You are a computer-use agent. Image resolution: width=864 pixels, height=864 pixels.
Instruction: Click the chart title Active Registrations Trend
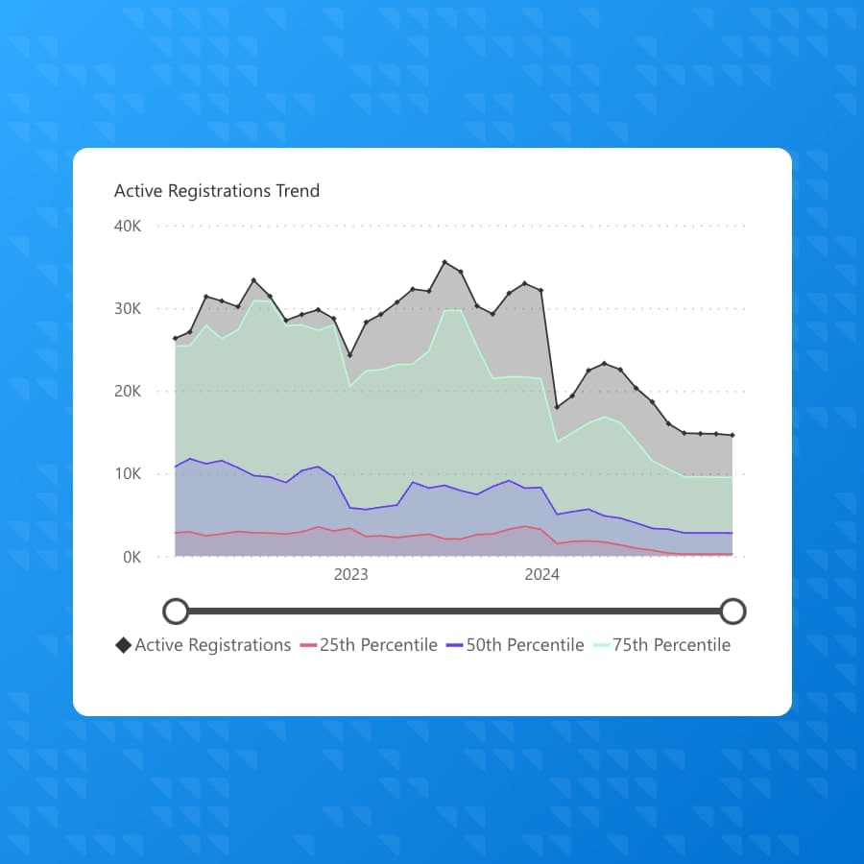pyautogui.click(x=217, y=191)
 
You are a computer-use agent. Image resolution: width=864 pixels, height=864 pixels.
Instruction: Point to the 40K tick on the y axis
pyautogui.click(x=128, y=227)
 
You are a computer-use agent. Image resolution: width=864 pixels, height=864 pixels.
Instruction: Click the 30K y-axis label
pyautogui.click(x=128, y=309)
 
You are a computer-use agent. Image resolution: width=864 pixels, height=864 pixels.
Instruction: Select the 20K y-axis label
pyautogui.click(x=128, y=392)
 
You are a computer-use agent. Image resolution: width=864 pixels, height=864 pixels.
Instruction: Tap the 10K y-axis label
pyautogui.click(x=128, y=474)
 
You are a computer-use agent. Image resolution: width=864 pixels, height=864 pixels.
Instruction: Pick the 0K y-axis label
pyautogui.click(x=132, y=557)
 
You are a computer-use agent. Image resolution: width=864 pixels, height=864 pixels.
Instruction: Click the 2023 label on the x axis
pyautogui.click(x=350, y=575)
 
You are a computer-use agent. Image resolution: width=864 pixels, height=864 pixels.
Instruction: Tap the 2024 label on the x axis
pyautogui.click(x=541, y=575)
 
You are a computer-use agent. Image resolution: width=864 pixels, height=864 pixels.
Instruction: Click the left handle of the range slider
pyautogui.click(x=176, y=611)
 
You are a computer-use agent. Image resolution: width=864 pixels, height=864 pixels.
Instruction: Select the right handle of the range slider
pyautogui.click(x=732, y=611)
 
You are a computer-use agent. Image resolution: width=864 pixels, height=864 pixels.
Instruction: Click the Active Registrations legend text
pyautogui.click(x=212, y=645)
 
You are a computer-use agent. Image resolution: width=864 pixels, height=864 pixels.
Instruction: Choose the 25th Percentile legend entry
pyautogui.click(x=378, y=645)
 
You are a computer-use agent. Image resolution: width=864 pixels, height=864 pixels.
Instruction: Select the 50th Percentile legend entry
pyautogui.click(x=525, y=645)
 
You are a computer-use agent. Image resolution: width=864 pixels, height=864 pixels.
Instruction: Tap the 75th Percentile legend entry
pyautogui.click(x=671, y=645)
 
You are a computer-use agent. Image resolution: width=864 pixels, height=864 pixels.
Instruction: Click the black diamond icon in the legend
pyautogui.click(x=123, y=645)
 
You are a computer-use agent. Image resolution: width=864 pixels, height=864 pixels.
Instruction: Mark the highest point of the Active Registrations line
pyautogui.click(x=444, y=261)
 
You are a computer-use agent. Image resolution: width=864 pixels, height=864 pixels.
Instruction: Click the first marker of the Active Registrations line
pyautogui.click(x=175, y=338)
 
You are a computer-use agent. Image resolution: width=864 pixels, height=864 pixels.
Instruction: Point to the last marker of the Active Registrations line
pyautogui.click(x=732, y=435)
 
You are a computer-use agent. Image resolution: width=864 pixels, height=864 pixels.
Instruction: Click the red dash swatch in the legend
pyautogui.click(x=308, y=645)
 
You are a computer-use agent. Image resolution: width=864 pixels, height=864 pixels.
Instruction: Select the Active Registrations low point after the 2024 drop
pyautogui.click(x=557, y=407)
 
